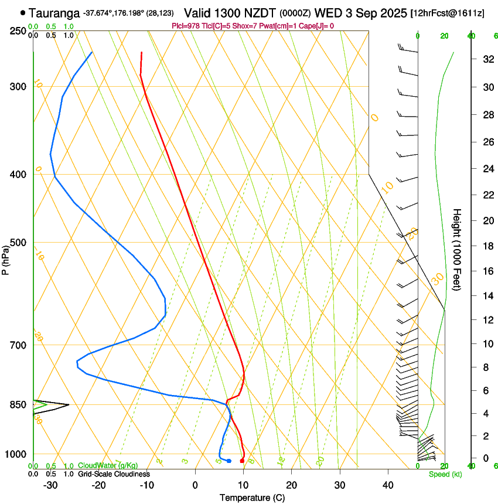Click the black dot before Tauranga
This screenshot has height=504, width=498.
(x=23, y=12)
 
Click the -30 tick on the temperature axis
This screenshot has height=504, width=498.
(x=50, y=485)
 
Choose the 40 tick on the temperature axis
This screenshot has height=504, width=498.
(x=388, y=485)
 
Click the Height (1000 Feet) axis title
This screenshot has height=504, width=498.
(x=458, y=249)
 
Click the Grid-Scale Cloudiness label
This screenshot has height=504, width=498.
(x=114, y=474)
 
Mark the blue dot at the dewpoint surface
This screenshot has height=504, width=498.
(x=228, y=461)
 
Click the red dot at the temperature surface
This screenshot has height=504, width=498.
(x=242, y=461)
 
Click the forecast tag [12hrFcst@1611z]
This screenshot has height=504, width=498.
(x=447, y=12)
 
